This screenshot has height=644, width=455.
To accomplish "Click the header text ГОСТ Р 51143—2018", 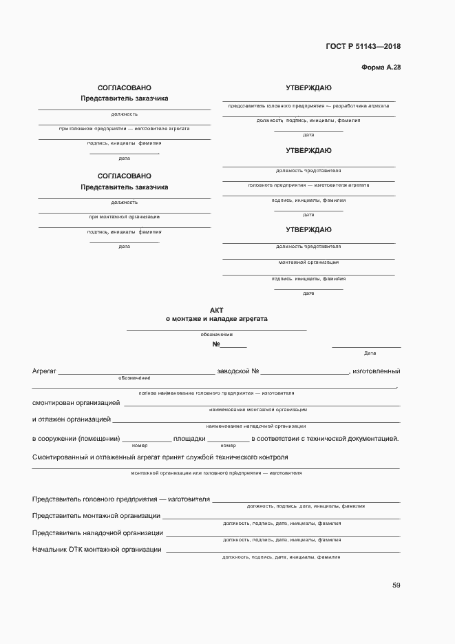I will click(x=363, y=47).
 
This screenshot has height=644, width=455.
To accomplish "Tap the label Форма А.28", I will click(x=381, y=67).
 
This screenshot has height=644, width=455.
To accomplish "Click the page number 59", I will click(x=396, y=585).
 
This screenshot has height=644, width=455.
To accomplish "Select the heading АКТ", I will click(x=217, y=311).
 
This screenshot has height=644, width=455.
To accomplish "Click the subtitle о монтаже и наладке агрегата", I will click(x=217, y=319).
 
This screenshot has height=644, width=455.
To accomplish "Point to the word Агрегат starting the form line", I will click(x=44, y=371).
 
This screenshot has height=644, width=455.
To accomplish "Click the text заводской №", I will click(x=237, y=371).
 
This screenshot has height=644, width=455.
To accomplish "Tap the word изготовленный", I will click(x=376, y=371).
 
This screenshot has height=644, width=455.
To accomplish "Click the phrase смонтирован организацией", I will click(x=76, y=402).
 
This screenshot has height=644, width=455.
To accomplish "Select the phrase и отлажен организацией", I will click(x=72, y=419).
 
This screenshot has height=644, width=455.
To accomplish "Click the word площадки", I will click(x=189, y=439).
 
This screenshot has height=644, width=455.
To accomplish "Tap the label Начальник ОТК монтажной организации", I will click(x=97, y=550).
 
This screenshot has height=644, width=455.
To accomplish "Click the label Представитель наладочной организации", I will click(x=98, y=533).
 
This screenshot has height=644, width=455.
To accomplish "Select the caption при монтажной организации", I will click(x=125, y=217).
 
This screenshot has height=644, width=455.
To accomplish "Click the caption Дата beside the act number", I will click(x=370, y=353).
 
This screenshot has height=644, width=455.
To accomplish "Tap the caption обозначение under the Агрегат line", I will click(x=134, y=378).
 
